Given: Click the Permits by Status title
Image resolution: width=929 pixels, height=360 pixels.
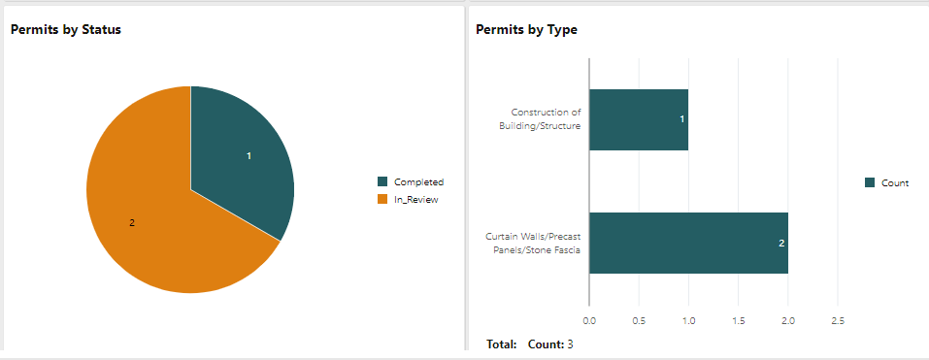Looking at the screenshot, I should (66, 30).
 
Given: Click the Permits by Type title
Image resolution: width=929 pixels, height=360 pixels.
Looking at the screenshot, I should (526, 30).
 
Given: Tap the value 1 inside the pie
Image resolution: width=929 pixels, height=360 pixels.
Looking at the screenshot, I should (249, 156).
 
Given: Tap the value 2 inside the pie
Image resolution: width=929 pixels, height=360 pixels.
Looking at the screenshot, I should (132, 223).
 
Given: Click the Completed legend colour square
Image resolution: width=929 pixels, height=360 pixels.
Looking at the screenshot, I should (382, 181).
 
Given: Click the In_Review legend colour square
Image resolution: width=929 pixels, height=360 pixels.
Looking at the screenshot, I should (382, 199).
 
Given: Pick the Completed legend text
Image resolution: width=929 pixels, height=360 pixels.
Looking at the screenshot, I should (419, 181).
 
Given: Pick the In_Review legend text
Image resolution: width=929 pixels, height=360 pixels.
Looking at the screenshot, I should (416, 199).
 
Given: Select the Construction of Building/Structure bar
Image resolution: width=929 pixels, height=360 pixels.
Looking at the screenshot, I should (638, 119).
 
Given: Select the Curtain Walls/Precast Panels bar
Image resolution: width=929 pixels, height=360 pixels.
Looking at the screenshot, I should (687, 243).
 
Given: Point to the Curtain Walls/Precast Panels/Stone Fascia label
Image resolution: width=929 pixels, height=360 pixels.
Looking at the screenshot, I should (533, 243).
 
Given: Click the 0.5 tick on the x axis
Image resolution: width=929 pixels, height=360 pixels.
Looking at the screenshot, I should (639, 319).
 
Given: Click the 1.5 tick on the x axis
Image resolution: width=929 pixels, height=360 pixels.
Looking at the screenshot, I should (739, 319).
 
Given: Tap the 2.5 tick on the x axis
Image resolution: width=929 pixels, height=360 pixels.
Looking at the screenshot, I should (839, 319).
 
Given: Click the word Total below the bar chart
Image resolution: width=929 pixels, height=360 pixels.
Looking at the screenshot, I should (501, 344).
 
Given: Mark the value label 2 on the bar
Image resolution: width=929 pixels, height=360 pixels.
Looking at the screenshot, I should (781, 243).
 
